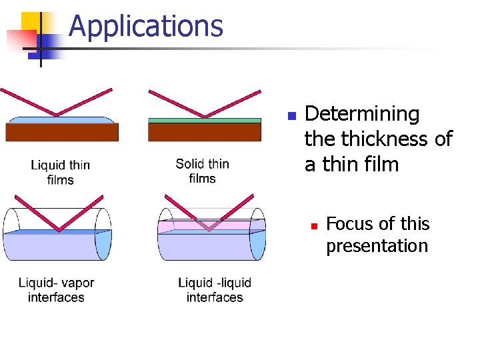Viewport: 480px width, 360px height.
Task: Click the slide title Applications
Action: tap(145, 27)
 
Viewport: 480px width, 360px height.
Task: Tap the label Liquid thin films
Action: tap(60, 172)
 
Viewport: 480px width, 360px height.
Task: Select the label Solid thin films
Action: tap(202, 171)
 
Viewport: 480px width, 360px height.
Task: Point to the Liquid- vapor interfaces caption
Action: tap(56, 290)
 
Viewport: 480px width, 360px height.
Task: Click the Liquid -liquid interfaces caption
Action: tap(215, 290)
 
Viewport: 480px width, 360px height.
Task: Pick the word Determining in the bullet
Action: tap(362, 114)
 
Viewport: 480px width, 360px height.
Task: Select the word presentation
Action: tap(377, 246)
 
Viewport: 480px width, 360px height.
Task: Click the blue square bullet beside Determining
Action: tap(291, 116)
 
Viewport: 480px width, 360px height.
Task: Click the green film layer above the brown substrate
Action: tap(204, 121)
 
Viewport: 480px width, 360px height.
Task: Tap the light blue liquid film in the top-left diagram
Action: tap(61, 121)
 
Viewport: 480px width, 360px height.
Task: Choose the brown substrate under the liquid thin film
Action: tap(61, 132)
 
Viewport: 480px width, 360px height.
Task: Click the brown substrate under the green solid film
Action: tap(204, 132)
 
